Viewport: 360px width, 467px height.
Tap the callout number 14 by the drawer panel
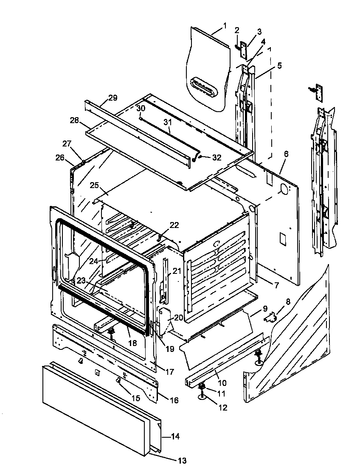(176, 436)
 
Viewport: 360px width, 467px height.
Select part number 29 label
(112, 98)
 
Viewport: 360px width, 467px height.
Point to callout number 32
(217, 157)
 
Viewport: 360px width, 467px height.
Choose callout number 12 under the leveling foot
(223, 408)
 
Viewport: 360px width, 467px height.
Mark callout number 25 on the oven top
(94, 185)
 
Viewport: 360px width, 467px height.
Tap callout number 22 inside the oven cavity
(174, 225)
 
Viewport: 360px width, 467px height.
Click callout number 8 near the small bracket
(288, 302)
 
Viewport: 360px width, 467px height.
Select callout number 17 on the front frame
(169, 372)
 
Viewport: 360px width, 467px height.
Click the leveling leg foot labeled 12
(202, 397)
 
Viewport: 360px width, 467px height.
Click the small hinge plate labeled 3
(244, 51)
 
